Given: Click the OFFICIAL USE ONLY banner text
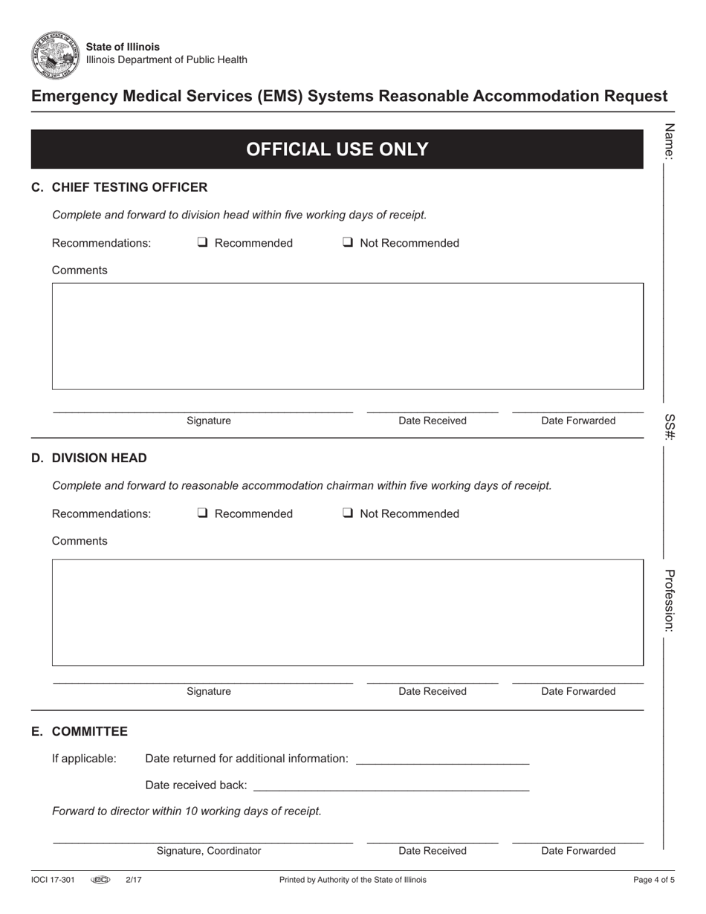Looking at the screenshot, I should coord(337,149).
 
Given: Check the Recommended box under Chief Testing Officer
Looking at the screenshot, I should coord(202,243).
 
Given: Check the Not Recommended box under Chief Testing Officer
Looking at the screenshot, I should coord(347,243).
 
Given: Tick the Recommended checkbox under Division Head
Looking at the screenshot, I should coord(202,513).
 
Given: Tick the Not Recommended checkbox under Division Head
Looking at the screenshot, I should coord(347,513).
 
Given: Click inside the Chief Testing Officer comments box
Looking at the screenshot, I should coord(347,336).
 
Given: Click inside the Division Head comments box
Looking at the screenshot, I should coord(347,612).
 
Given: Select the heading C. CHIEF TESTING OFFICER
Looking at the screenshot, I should coord(119,187).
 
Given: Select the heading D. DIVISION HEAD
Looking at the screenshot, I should coord(88,458).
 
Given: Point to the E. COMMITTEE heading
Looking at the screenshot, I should coord(79,732).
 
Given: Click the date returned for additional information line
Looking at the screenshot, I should coord(442,759).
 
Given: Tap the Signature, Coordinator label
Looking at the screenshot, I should coord(209,851).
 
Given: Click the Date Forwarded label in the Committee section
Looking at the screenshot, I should coord(578,851).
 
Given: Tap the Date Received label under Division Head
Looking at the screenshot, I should coord(433,691).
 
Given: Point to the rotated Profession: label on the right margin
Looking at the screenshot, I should coord(669,600).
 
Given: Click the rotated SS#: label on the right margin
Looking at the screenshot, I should coord(669,427).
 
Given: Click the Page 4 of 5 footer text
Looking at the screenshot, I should coord(654,880).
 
